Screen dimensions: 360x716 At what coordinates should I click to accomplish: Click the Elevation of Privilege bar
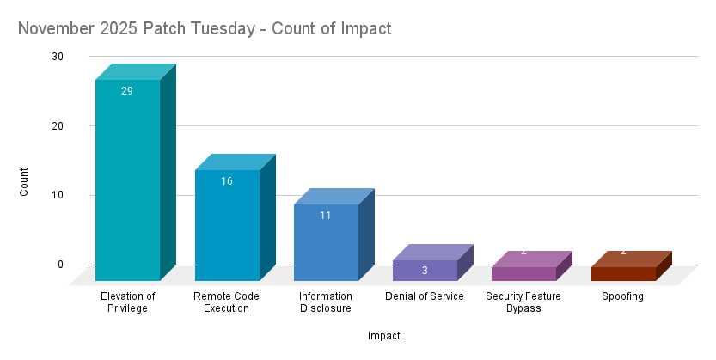pyautogui.click(x=127, y=180)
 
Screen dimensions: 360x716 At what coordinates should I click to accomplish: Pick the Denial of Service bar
pyautogui.click(x=425, y=271)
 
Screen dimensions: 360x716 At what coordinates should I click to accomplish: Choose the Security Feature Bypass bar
pyautogui.click(x=523, y=274)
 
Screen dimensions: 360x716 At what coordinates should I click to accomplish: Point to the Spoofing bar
pyautogui.click(x=623, y=274)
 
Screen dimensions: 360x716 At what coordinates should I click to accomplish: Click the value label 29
pyautogui.click(x=127, y=91)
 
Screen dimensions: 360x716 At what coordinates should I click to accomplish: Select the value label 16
pyautogui.click(x=227, y=181)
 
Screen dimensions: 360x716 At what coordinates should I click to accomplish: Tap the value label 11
pyautogui.click(x=326, y=216)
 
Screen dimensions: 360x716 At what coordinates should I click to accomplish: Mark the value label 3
pyautogui.click(x=425, y=271)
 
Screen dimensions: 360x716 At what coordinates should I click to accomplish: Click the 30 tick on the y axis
pyautogui.click(x=58, y=57)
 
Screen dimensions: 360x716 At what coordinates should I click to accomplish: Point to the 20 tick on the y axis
pyautogui.click(x=58, y=125)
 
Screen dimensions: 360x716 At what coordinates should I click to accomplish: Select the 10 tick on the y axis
pyautogui.click(x=58, y=195)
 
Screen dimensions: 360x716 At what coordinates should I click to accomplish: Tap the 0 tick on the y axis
pyautogui.click(x=61, y=264)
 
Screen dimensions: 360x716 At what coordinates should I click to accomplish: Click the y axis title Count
pyautogui.click(x=24, y=181)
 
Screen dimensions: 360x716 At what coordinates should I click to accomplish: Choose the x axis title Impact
pyautogui.click(x=383, y=336)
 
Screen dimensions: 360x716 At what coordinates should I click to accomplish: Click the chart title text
pyautogui.click(x=205, y=28)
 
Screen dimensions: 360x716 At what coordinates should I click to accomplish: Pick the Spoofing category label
pyautogui.click(x=623, y=296)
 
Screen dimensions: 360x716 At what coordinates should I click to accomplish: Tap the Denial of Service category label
pyautogui.click(x=425, y=296)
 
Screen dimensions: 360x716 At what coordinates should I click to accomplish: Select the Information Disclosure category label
pyautogui.click(x=326, y=302)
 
